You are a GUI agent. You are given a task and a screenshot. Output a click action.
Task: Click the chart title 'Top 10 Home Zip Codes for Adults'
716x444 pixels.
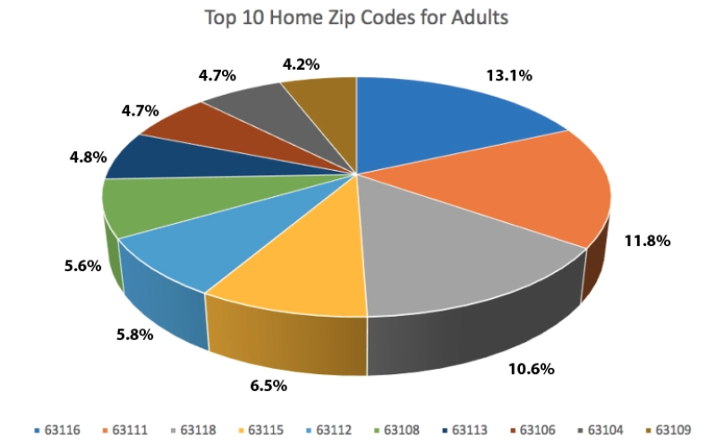pos(356,18)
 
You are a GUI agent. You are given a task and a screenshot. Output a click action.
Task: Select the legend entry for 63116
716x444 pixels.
pos(57,430)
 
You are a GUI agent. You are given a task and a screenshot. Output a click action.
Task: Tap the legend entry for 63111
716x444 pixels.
pos(125,430)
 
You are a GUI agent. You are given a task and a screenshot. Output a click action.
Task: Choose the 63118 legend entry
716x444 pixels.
pos(193,430)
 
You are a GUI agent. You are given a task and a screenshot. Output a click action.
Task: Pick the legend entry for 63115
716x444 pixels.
pos(261,430)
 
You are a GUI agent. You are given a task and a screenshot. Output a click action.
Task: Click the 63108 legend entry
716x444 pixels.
pos(396,430)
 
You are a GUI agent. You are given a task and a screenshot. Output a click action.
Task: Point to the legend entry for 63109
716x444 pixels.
pos(669,430)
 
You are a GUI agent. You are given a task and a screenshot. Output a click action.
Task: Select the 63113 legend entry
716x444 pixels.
pos(465,430)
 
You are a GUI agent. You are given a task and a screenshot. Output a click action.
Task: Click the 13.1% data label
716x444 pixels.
pos(509,75)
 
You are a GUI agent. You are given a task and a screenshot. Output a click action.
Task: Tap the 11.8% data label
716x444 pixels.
pos(647,241)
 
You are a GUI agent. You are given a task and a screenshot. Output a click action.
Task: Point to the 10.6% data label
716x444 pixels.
pos(532,369)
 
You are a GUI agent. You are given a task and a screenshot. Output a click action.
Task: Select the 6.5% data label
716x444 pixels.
pos(268,386)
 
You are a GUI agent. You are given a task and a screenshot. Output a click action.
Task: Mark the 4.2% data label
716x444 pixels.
pos(301,64)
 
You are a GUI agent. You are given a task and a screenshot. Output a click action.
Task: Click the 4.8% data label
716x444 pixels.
pos(88,158)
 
